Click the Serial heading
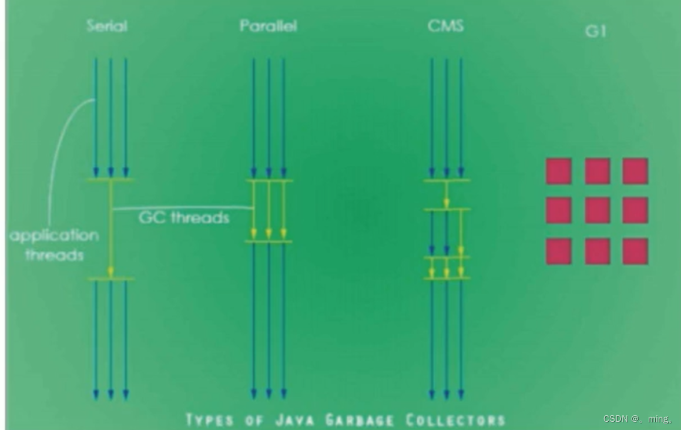click(107, 26)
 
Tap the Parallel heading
click(268, 26)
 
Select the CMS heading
click(446, 26)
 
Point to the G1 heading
click(595, 31)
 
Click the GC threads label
click(184, 218)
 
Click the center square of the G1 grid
click(597, 210)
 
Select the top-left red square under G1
click(559, 171)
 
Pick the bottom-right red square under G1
click(635, 251)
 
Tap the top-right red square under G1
click(635, 171)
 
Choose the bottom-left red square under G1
click(559, 251)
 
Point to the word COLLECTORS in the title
click(455, 420)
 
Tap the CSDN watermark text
click(637, 419)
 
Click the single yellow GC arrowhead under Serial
click(110, 271)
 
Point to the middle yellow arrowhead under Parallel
click(269, 234)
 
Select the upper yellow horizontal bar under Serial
click(110, 180)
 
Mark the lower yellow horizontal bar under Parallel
click(269, 241)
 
